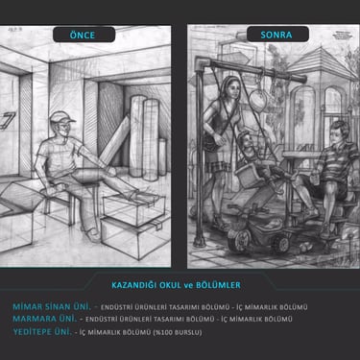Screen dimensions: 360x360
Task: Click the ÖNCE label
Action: click(83, 35)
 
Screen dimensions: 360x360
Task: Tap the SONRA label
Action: click(276, 35)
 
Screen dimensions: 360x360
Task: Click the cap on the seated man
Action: click(61, 117)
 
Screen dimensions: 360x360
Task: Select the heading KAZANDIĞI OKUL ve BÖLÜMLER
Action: click(176, 285)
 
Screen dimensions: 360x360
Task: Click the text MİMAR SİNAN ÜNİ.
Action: click(52, 306)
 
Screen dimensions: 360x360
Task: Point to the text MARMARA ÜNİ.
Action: click(45, 319)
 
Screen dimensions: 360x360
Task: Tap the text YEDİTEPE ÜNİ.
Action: click(42, 331)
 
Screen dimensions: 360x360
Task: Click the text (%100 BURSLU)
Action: click(178, 332)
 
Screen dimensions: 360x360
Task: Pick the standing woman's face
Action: click(232, 89)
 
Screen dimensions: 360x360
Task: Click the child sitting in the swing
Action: click(256, 156)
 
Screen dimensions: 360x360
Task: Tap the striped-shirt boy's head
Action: click(339, 132)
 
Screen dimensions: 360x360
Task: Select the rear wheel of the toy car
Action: click(282, 244)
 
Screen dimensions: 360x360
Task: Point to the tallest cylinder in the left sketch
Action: click(137, 136)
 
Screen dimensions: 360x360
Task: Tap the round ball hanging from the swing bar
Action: click(258, 100)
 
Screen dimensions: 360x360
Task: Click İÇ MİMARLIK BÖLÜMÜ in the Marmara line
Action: click(256, 319)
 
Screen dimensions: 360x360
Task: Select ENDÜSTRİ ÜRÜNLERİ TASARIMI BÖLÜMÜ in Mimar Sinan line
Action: click(165, 307)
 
